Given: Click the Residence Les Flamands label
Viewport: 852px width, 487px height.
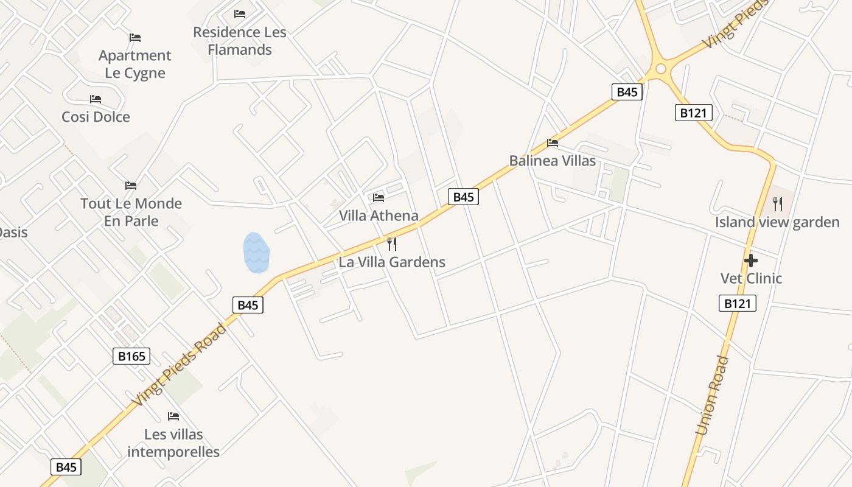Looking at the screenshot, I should pyautogui.click(x=239, y=41).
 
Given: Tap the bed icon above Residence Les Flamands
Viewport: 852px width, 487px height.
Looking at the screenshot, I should pyautogui.click(x=240, y=13).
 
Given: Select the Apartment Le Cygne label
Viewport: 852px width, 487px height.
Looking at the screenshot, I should pyautogui.click(x=135, y=64).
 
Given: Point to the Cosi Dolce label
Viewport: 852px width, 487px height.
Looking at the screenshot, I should pyautogui.click(x=96, y=116).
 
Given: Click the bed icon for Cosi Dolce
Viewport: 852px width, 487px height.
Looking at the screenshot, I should pyautogui.click(x=96, y=99).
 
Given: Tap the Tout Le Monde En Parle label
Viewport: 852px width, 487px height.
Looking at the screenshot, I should pyautogui.click(x=131, y=212).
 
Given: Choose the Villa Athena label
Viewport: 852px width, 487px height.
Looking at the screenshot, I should pyautogui.click(x=379, y=215).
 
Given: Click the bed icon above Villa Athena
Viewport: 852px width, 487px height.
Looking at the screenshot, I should pyautogui.click(x=379, y=197).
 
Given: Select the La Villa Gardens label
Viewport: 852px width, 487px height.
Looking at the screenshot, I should pyautogui.click(x=392, y=262).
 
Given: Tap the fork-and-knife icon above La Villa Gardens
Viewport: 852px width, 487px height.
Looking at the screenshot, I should pyautogui.click(x=392, y=244).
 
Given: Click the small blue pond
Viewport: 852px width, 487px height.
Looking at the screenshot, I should pyautogui.click(x=256, y=252).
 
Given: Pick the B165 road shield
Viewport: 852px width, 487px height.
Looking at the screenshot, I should pyautogui.click(x=131, y=356).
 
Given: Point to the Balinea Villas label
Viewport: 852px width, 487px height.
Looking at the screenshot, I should pyautogui.click(x=553, y=161).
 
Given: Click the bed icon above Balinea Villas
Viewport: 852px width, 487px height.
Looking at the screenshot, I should pyautogui.click(x=553, y=143).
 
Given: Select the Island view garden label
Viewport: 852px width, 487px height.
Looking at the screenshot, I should pyautogui.click(x=777, y=222).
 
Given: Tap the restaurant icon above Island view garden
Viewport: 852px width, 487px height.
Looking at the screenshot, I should pyautogui.click(x=777, y=203).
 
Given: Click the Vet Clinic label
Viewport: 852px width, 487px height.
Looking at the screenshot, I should pyautogui.click(x=751, y=278).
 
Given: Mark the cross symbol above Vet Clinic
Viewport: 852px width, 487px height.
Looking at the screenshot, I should pyautogui.click(x=751, y=261).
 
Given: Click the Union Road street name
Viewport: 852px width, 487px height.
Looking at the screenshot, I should pyautogui.click(x=713, y=395).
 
